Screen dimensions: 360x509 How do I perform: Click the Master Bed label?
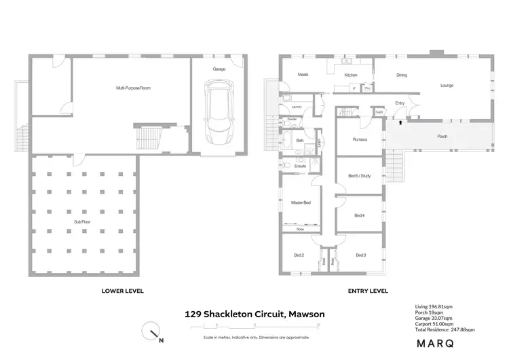pyautogui.click(x=301, y=203)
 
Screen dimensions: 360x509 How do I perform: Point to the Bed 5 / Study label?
pyautogui.click(x=360, y=176)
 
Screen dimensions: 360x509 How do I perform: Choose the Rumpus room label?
pyautogui.click(x=360, y=140)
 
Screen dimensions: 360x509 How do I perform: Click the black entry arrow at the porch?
pyautogui.click(x=400, y=122)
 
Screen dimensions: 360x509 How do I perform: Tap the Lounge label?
pyautogui.click(x=446, y=86)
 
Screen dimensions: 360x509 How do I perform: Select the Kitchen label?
pyautogui.click(x=350, y=75)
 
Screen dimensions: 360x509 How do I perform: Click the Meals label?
pyautogui.click(x=303, y=75)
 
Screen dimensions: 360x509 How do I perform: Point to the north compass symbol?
pyautogui.click(x=153, y=332)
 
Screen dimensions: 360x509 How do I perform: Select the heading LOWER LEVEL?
pyautogui.click(x=122, y=291)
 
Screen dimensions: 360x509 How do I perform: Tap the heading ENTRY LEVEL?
pyautogui.click(x=369, y=291)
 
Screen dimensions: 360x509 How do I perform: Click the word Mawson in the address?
pyautogui.click(x=306, y=314)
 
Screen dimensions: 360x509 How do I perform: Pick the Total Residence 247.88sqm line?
pyautogui.click(x=445, y=329)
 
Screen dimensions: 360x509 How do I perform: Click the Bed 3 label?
pyautogui.click(x=360, y=255)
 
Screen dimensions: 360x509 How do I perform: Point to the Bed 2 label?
pyautogui.click(x=299, y=255)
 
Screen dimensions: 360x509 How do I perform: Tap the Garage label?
pyautogui.click(x=219, y=69)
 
